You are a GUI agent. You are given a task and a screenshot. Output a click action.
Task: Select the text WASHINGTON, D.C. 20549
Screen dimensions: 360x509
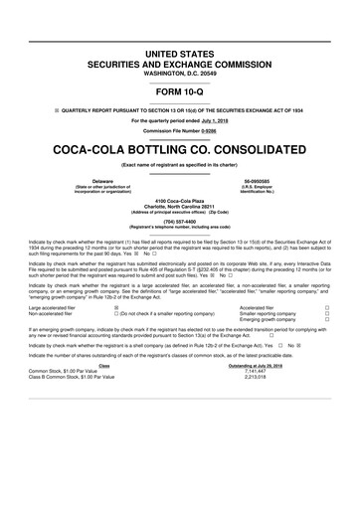(x=180, y=74)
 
